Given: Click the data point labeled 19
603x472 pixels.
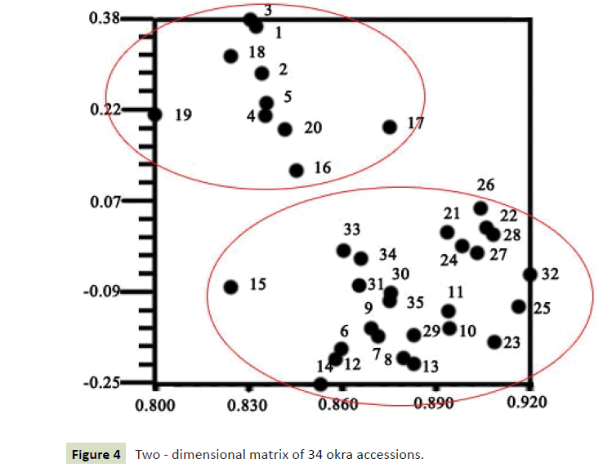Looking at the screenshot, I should tap(155, 114).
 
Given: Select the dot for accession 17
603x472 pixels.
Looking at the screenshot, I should tap(390, 127).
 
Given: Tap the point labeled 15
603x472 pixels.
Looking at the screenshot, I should tap(231, 287).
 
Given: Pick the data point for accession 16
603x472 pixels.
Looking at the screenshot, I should tap(297, 170).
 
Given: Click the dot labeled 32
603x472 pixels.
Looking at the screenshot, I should tap(529, 274).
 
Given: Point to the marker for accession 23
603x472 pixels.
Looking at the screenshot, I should tap(494, 341).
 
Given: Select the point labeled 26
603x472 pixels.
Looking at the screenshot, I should tap(480, 208).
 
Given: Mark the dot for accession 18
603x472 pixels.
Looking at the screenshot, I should tap(230, 56).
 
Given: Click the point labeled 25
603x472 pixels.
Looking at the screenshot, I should tap(518, 306).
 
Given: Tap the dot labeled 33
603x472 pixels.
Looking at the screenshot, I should tap(344, 250).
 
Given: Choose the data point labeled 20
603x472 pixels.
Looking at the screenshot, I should tap(285, 129).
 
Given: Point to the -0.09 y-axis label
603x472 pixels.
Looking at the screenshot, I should tap(101, 292).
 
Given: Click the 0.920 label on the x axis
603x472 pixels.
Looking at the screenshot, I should tap(528, 403).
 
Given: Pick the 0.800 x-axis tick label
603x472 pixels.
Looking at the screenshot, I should tap(155, 403).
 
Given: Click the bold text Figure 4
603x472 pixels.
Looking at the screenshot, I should tap(95, 453).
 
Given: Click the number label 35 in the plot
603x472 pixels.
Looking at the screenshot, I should tap(415, 302).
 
